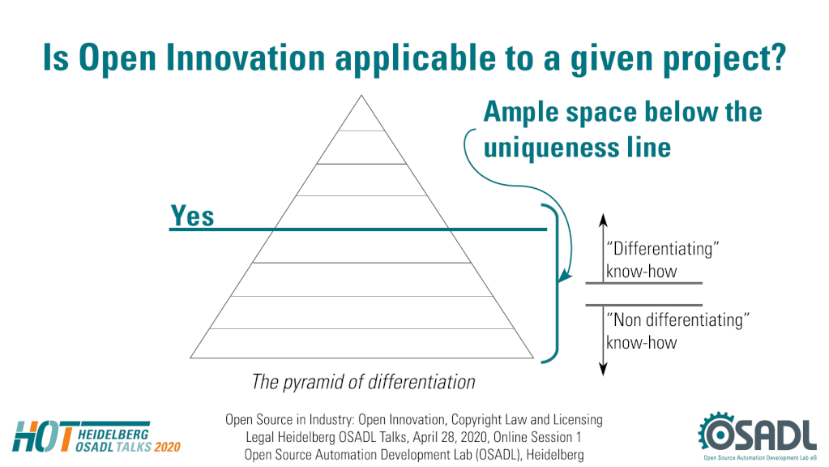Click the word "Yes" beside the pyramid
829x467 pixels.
click(x=192, y=216)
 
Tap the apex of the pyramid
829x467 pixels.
click(x=361, y=95)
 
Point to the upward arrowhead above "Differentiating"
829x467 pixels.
click(x=603, y=219)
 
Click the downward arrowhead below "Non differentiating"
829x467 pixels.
click(x=603, y=369)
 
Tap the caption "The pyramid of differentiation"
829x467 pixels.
click(x=363, y=381)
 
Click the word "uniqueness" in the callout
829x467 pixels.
click(x=551, y=148)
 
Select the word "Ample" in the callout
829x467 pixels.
click(x=520, y=112)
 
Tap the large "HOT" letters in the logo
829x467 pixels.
click(x=42, y=437)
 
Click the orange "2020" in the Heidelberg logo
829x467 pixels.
click(x=168, y=447)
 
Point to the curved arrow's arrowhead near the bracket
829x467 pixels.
click(x=565, y=276)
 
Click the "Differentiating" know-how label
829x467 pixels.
click(x=662, y=259)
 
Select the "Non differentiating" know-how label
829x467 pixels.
click(x=677, y=331)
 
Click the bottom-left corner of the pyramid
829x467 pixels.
click(x=190, y=358)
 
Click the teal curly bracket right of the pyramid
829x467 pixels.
click(x=557, y=282)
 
